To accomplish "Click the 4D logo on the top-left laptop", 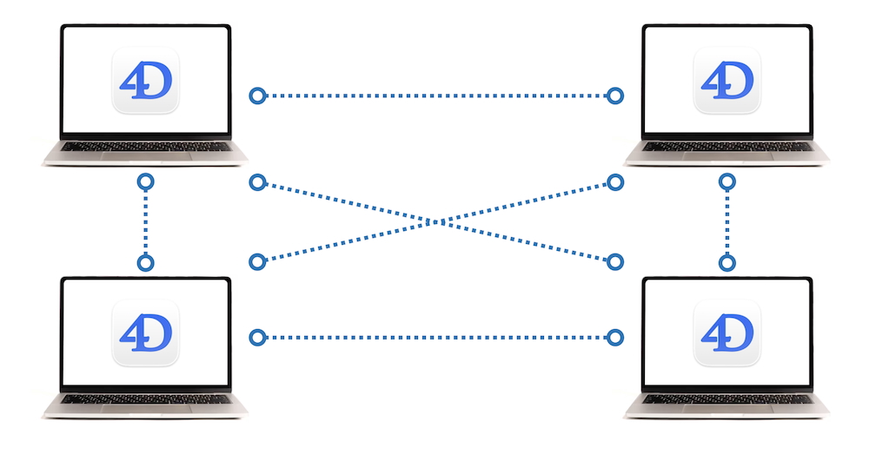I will point(145,81).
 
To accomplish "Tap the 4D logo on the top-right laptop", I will point(726,81).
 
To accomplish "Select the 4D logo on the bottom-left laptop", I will point(145,333).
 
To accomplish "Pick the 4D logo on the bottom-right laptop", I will point(726,333).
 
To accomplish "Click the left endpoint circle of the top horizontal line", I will point(256,96).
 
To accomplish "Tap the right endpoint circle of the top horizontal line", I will point(615,96).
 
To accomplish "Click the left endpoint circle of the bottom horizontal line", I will point(256,337).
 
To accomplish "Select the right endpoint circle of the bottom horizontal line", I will point(615,337).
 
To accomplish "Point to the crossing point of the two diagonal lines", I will point(436,221).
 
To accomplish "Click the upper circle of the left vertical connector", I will point(146,182).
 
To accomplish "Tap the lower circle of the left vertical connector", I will point(146,262).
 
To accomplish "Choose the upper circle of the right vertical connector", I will point(727,182).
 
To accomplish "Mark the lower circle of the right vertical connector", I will point(727,262).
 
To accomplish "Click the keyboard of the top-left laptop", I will point(145,147).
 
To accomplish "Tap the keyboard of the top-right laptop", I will point(726,147).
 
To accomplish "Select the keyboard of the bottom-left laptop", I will point(145,399).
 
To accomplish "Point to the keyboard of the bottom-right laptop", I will point(726,399).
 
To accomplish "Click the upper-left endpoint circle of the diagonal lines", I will point(256,182).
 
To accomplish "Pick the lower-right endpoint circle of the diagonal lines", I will point(615,261).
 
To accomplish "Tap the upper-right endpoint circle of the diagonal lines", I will point(615,182).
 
